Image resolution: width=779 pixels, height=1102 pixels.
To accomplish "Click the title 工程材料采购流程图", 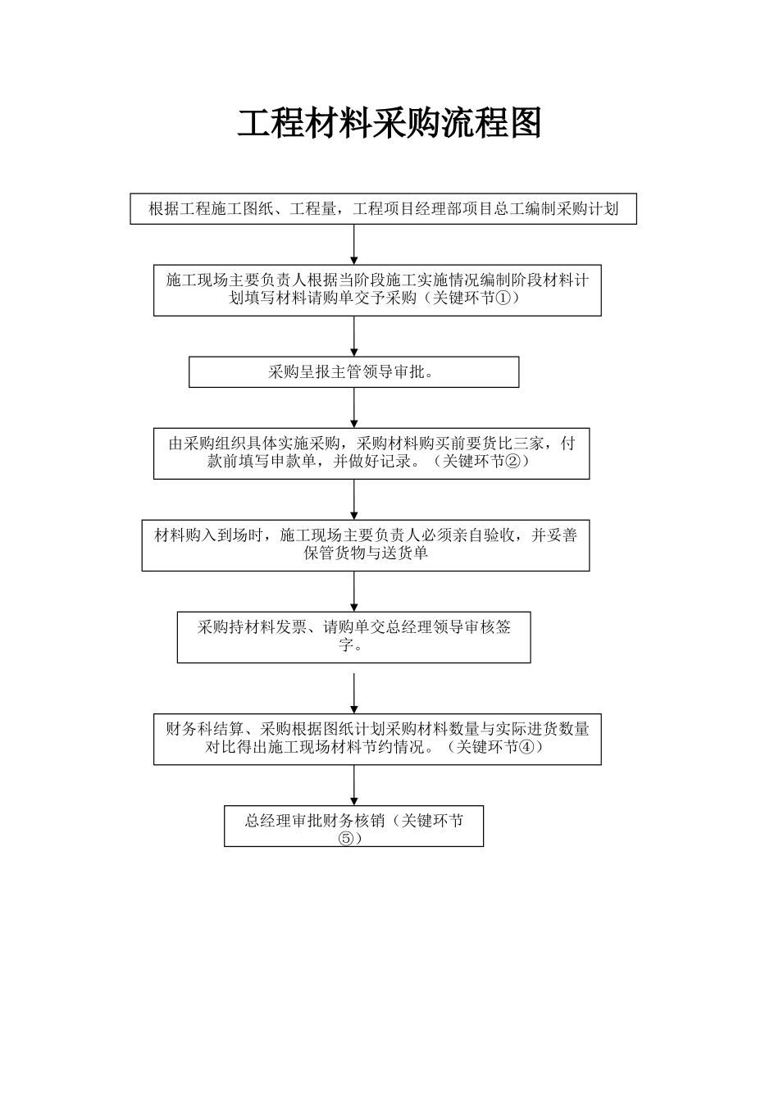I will coord(389,124).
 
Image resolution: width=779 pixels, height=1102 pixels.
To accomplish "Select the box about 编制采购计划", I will coord(383,209).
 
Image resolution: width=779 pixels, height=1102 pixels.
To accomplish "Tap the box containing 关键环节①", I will coord(377,289).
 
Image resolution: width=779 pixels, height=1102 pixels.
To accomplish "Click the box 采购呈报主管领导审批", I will coord(353,371).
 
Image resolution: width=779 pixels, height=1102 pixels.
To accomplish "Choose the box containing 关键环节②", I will coord(371,453).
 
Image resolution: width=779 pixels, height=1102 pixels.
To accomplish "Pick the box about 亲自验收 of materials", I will coord(365,544).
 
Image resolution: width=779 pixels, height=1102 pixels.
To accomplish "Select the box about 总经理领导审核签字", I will coord(353,636).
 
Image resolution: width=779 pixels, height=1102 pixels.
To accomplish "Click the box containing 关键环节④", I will coord(377,739).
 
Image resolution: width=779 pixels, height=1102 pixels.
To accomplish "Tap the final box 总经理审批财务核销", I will coord(353,826).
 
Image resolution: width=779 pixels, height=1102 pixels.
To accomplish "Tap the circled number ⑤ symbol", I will coord(345,838).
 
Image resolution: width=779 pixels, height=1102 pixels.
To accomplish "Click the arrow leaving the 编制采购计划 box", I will coord(354,244).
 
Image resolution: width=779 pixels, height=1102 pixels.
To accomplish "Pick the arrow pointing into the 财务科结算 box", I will coord(354,693).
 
